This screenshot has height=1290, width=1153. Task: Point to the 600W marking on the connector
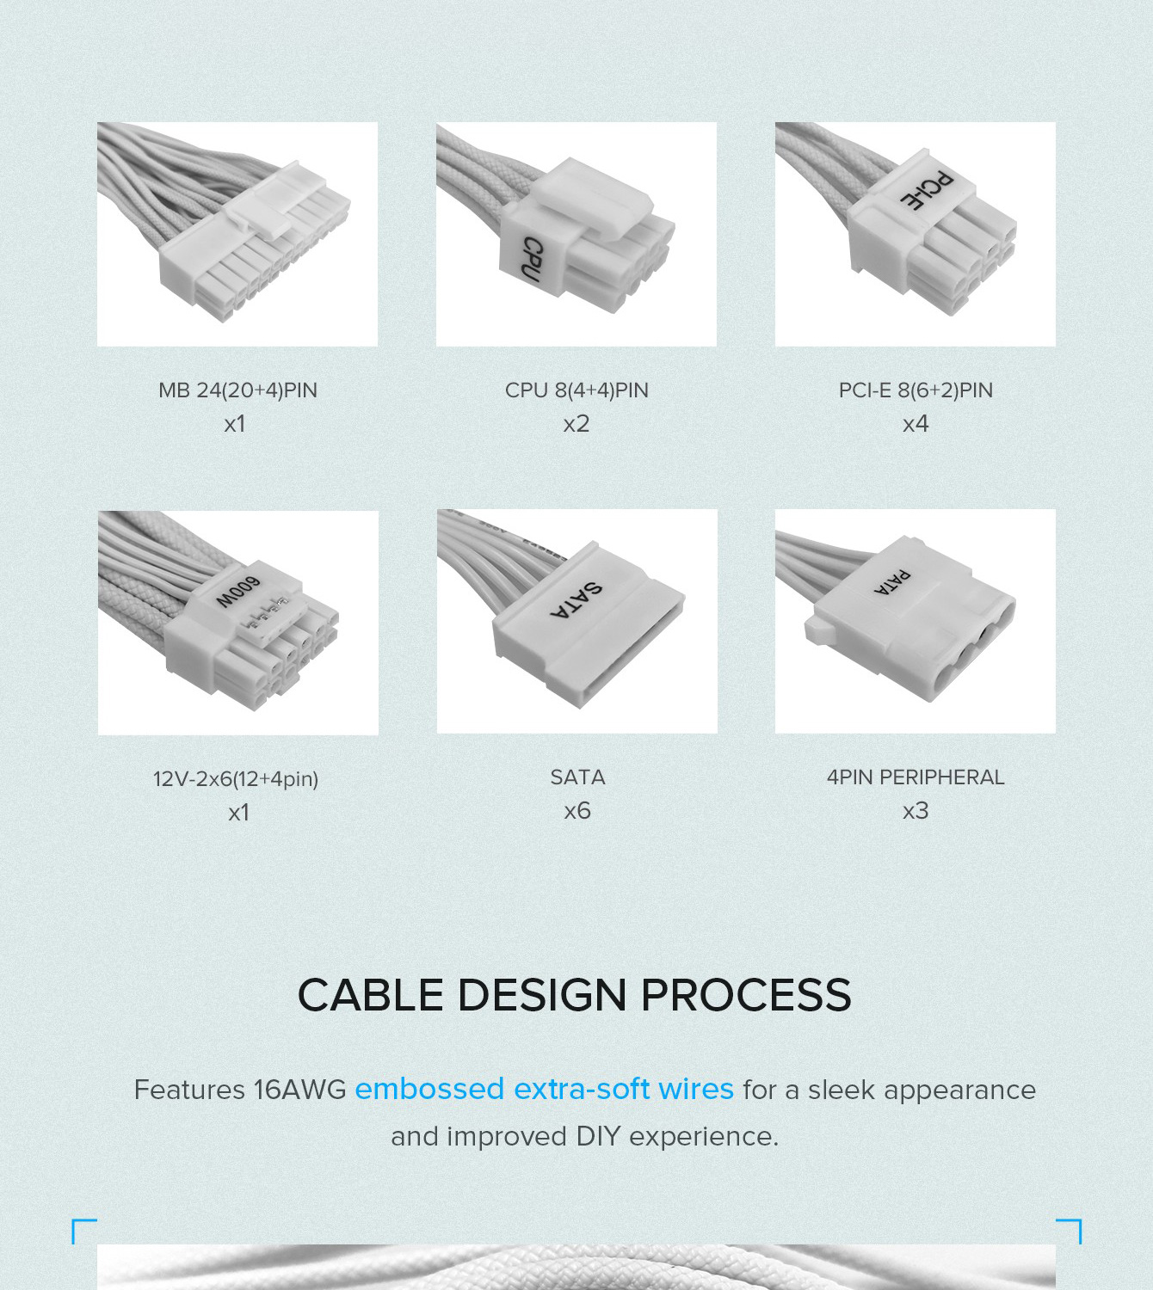(237, 592)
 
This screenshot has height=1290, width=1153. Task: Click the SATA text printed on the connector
(576, 599)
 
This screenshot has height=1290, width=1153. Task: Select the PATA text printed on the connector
(892, 582)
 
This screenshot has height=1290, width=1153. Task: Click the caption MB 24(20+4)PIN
(237, 390)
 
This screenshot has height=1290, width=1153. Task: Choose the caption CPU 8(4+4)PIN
(576, 390)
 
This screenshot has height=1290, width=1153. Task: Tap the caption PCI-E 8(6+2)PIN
(916, 390)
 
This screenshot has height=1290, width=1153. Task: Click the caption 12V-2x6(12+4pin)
(236, 778)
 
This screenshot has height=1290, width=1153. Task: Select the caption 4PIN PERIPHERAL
(916, 777)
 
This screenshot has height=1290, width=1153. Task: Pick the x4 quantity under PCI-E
(916, 423)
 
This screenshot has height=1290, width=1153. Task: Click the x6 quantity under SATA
(577, 810)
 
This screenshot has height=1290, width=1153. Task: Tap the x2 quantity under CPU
(576, 423)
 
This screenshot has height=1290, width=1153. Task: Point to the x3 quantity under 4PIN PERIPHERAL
(916, 810)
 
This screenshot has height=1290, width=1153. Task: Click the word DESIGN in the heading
(542, 994)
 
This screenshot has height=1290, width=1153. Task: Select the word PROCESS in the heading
(746, 994)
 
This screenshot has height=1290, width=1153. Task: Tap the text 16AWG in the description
(299, 1090)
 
